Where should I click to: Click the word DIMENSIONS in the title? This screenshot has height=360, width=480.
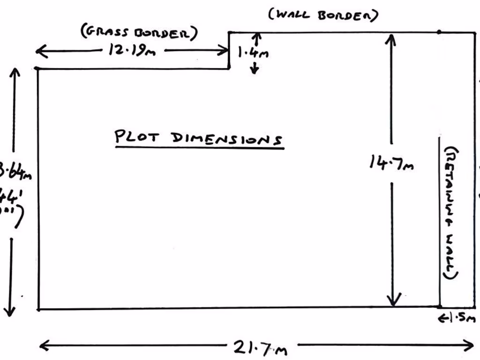[x=227, y=139]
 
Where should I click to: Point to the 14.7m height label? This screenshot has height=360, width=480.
[x=391, y=163]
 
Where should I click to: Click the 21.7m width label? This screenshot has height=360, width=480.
[x=260, y=348]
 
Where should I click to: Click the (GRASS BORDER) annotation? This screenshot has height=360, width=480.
[x=139, y=33]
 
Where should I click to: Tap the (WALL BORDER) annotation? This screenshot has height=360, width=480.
[x=323, y=15]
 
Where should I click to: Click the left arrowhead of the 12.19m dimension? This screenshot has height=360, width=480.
[x=38, y=51]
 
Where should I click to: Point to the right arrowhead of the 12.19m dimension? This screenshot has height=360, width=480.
[x=225, y=50]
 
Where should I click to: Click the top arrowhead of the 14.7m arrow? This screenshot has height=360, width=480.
[x=390, y=37]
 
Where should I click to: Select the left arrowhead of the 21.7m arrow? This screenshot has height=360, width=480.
[x=42, y=346]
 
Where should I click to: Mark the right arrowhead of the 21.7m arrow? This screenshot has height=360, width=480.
[x=472, y=346]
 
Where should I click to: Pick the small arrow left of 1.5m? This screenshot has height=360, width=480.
[x=442, y=319]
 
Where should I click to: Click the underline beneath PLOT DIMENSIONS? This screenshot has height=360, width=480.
[x=200, y=148]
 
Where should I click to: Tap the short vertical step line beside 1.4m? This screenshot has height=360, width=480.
[x=229, y=50]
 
